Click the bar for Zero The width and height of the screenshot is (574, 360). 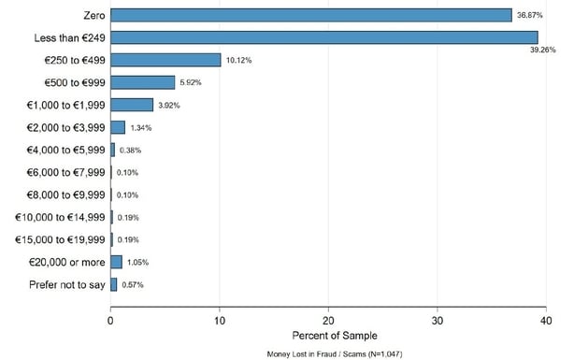coord(311,15)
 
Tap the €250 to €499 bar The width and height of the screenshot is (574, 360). coord(165,60)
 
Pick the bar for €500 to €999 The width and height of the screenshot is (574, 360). coord(143,82)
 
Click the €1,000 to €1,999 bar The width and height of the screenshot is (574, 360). coord(132,105)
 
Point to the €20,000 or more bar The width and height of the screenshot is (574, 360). coord(116,262)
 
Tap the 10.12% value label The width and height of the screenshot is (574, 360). coord(238,60)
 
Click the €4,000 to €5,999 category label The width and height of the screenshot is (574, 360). coord(60,150)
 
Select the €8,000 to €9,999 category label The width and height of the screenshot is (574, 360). coord(60,194)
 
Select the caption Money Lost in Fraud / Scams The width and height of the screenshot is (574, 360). coord(328,354)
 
